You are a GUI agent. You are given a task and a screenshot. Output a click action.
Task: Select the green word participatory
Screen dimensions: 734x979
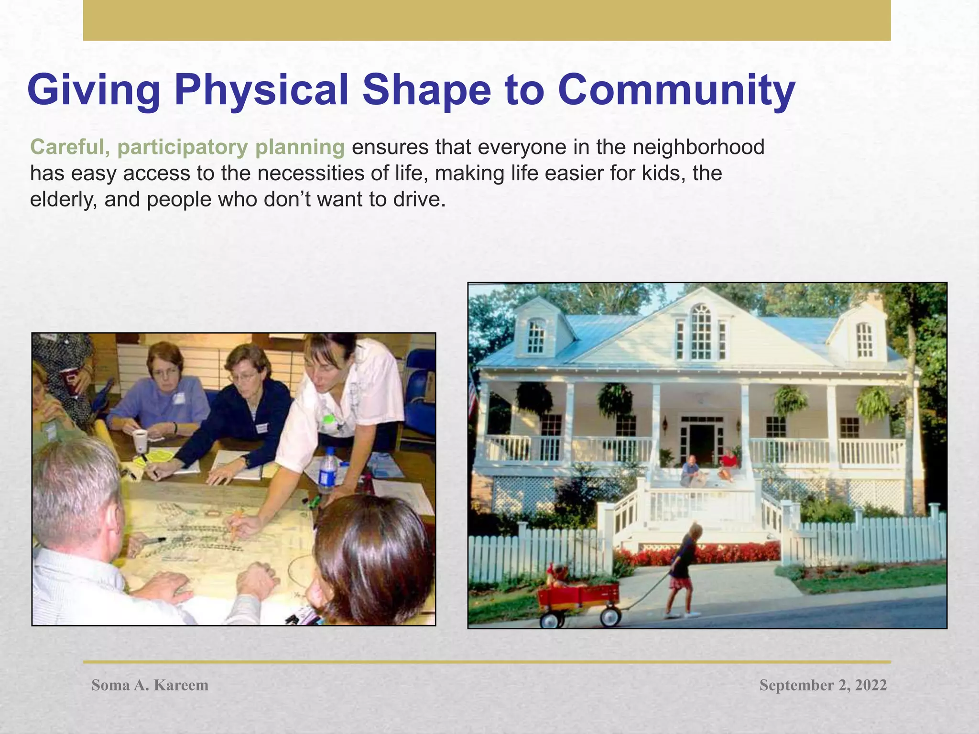[x=182, y=147]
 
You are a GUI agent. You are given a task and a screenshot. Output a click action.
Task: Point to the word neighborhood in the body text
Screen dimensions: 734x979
[x=698, y=147]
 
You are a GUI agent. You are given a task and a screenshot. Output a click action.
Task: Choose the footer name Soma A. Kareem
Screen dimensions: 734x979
[x=150, y=685]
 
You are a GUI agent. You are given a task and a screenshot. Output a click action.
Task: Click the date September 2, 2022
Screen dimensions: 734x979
[x=823, y=685]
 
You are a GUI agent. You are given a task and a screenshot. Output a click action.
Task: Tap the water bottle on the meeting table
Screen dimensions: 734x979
[x=327, y=471]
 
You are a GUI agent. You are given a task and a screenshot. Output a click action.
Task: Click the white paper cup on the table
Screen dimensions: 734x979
[x=140, y=441]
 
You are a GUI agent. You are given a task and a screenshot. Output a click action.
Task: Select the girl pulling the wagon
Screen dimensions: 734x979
[x=685, y=569]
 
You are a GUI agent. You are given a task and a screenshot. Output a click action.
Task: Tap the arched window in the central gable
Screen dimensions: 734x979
[x=701, y=332]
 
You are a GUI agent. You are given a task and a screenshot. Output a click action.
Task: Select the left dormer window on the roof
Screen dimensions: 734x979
[x=536, y=335]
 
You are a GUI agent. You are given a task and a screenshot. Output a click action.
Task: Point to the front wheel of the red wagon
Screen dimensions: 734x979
[x=610, y=616]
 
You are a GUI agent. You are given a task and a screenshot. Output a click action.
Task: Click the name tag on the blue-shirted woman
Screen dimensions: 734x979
[x=178, y=398]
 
